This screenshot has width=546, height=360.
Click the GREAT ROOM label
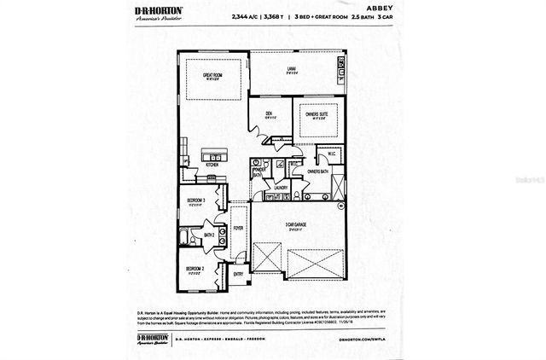point(212,77)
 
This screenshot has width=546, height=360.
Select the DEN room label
point(271,114)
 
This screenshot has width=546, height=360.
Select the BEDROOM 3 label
point(199,202)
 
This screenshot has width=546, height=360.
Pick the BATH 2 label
point(208,235)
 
